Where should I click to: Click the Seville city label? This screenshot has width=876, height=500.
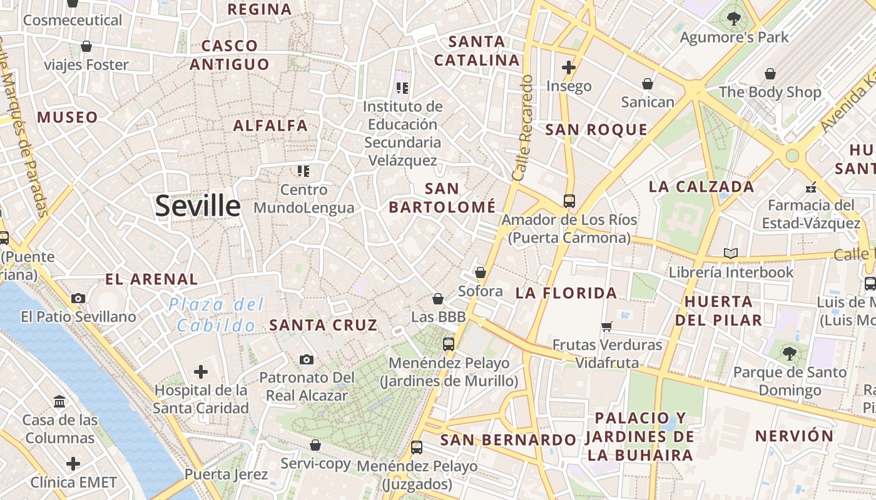(x=197, y=206)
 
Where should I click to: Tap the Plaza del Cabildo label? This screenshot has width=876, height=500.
(x=216, y=315)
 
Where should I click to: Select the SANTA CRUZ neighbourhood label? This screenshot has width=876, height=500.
(x=323, y=325)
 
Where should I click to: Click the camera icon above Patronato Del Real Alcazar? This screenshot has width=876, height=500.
(x=306, y=359)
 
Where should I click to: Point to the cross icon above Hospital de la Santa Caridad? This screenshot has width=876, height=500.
(x=200, y=372)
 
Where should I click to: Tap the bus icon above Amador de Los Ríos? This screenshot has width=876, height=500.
(x=569, y=201)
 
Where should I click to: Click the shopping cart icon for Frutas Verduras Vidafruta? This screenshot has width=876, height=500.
(x=606, y=326)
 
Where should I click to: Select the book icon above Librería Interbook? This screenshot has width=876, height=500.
(x=730, y=253)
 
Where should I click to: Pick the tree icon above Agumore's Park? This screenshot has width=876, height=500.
(x=734, y=19)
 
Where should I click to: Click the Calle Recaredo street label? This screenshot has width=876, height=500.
(x=523, y=128)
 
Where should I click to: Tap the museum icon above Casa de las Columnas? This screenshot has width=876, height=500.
(x=59, y=401)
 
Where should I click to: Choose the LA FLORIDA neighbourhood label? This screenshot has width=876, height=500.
(x=566, y=292)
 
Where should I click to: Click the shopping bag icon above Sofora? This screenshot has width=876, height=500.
(x=480, y=272)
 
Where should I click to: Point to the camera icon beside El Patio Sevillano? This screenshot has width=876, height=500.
(x=78, y=298)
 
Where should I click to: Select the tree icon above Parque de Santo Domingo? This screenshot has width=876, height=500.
(x=789, y=353)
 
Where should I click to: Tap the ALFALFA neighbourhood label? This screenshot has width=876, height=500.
(x=270, y=126)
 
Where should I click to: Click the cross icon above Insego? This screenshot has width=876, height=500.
(x=568, y=67)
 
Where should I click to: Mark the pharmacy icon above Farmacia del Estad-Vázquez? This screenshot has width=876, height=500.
(x=811, y=187)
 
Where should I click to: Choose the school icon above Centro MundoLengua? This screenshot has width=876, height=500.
(x=303, y=171)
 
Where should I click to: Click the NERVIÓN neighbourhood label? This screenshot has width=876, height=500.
(x=794, y=436)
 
